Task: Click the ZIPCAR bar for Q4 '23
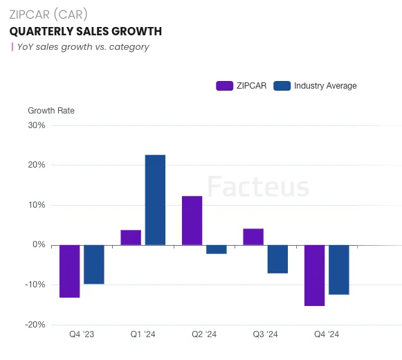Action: coord(69,271)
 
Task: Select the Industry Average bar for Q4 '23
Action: coord(94,264)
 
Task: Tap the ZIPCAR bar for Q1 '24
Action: coord(131,237)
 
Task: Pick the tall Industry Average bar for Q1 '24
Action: coord(155,199)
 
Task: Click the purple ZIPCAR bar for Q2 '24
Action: coord(192,220)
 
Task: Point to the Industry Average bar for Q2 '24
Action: coord(217,249)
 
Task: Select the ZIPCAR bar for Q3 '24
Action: coord(253,237)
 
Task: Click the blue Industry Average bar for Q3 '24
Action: coord(277,259)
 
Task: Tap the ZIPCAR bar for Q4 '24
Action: coord(314,275)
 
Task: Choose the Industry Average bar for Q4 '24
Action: coord(339,269)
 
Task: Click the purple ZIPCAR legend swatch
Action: coord(224,86)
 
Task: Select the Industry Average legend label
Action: coord(325,86)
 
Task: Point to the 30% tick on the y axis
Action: coord(36,125)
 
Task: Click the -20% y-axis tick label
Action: coord(35,325)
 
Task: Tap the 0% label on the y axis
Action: coord(39,245)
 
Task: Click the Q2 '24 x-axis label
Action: coord(204,334)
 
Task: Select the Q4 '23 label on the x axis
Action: coord(82,334)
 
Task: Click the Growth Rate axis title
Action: coord(51,111)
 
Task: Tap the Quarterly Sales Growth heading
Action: coord(85,31)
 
